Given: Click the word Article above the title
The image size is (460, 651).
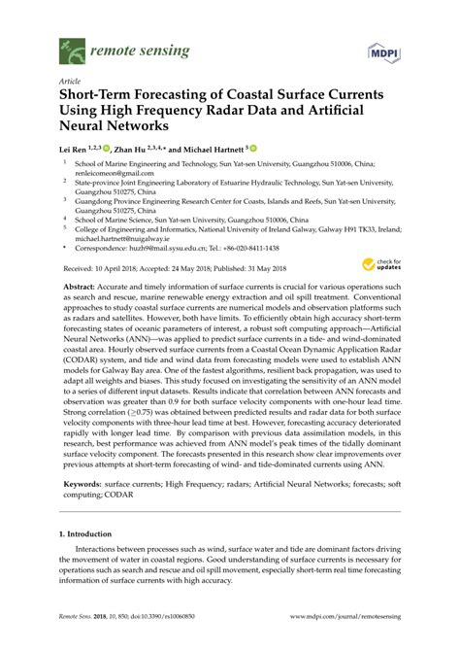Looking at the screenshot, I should point(69,83).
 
